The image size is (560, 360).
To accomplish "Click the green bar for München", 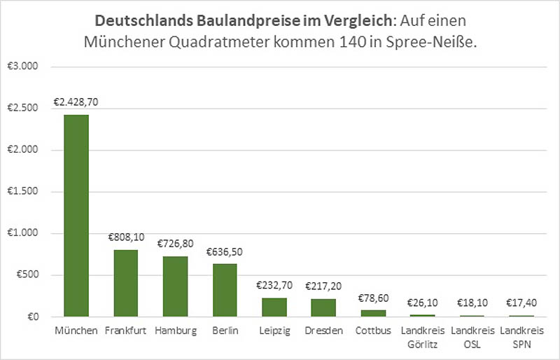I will [x=76, y=216].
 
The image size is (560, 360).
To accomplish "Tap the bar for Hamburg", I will [x=176, y=286].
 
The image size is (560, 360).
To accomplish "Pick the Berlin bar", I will [x=225, y=290].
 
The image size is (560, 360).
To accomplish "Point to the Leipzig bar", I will [x=274, y=307].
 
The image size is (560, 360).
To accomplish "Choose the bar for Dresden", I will [x=324, y=308].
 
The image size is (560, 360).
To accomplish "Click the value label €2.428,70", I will [x=76, y=102].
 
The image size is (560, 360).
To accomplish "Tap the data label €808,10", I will [x=126, y=237].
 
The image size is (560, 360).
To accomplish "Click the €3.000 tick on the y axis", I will [x=23, y=67].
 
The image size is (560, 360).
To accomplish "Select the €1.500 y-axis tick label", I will [x=23, y=192].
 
